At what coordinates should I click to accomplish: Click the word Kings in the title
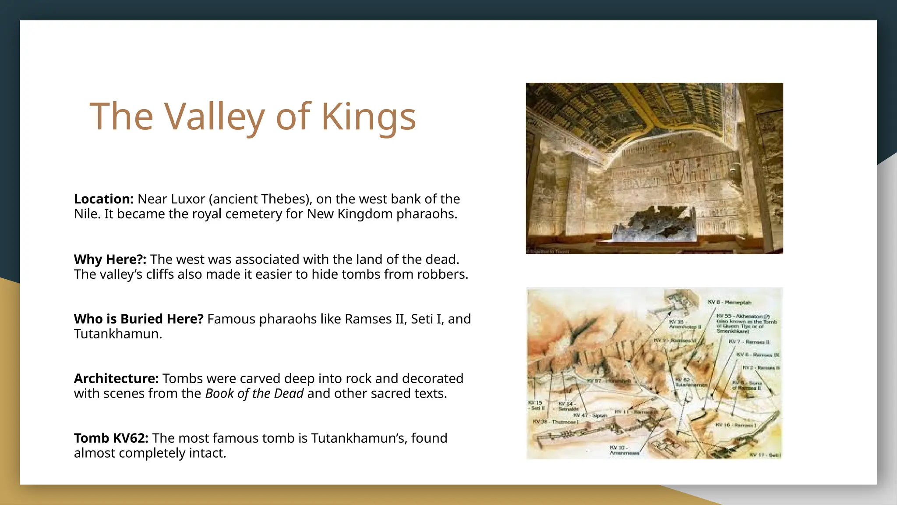pyautogui.click(x=368, y=117)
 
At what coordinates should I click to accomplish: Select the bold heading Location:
pyautogui.click(x=104, y=199)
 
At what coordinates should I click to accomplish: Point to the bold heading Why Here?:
pyautogui.click(x=110, y=260)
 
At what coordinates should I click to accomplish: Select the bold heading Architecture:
pyautogui.click(x=116, y=379)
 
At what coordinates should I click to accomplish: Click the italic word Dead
pyautogui.click(x=289, y=394)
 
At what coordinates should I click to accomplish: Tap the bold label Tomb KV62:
pyautogui.click(x=111, y=438)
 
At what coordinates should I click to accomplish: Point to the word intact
pyautogui.click(x=207, y=453)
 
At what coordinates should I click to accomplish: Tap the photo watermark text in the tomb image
pyautogui.click(x=548, y=252)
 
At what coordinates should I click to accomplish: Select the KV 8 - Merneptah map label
pyautogui.click(x=729, y=302)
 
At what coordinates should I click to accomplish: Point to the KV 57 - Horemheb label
pyautogui.click(x=609, y=381)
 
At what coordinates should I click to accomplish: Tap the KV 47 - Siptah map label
pyautogui.click(x=590, y=415)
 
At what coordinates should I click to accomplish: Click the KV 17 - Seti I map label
pyautogui.click(x=765, y=455)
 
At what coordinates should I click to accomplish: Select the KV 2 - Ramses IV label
pyautogui.click(x=761, y=368)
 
